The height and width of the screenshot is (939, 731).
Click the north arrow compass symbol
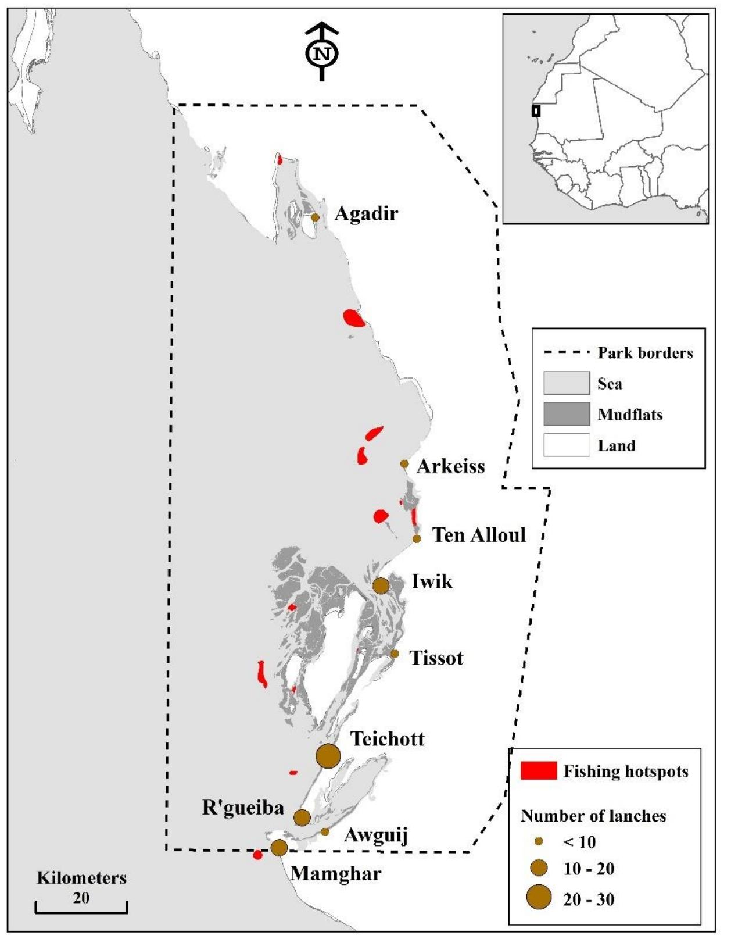click(x=321, y=52)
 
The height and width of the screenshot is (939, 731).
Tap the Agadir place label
click(x=366, y=214)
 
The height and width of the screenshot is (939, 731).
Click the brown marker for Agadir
click(x=315, y=217)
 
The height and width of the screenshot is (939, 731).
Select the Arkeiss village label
click(x=450, y=466)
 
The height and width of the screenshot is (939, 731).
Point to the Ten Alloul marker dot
click(x=417, y=538)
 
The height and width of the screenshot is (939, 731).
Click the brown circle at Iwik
click(x=381, y=585)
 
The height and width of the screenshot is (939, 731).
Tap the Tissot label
click(x=436, y=658)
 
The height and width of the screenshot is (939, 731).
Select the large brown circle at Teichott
click(x=328, y=756)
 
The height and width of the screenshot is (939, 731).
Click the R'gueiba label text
click(x=243, y=808)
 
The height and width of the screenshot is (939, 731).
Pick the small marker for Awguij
click(x=325, y=831)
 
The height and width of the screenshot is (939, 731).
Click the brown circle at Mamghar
click(x=279, y=848)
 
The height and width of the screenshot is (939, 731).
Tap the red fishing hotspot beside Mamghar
click(x=257, y=855)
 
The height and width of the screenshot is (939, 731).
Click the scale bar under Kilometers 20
click(x=81, y=911)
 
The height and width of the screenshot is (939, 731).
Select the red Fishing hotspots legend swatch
click(x=538, y=770)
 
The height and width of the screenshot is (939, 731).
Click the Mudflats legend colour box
click(x=566, y=415)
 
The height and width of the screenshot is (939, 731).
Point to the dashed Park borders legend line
click(x=566, y=353)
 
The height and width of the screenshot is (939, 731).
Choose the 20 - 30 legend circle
click(x=539, y=897)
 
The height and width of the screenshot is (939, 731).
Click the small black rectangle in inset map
click(x=536, y=110)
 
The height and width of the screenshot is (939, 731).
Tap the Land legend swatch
click(x=566, y=445)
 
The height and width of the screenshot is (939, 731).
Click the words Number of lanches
click(x=593, y=816)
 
